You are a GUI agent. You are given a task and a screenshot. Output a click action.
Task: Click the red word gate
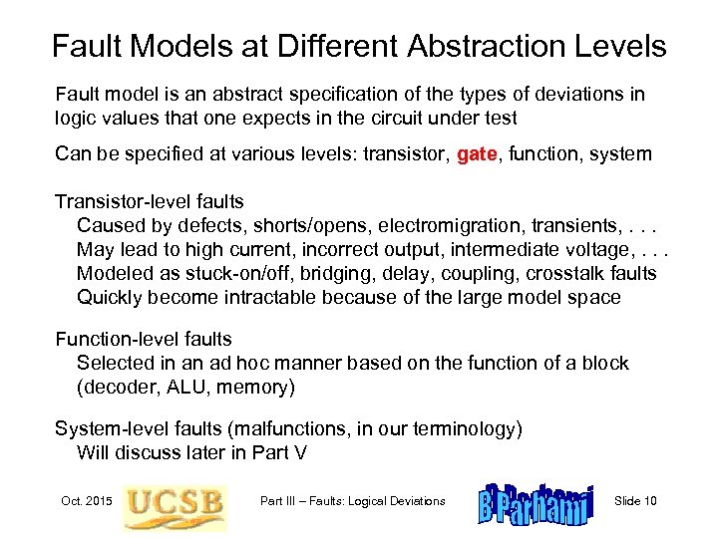point(481,154)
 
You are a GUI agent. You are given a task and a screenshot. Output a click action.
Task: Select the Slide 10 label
point(636,500)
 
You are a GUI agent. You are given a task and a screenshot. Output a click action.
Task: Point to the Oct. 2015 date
point(85,500)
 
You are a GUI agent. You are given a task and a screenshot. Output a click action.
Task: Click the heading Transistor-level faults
point(150,201)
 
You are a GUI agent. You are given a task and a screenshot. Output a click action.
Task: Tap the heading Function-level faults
point(144,339)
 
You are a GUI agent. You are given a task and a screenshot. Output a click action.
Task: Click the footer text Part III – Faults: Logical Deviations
point(352,500)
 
